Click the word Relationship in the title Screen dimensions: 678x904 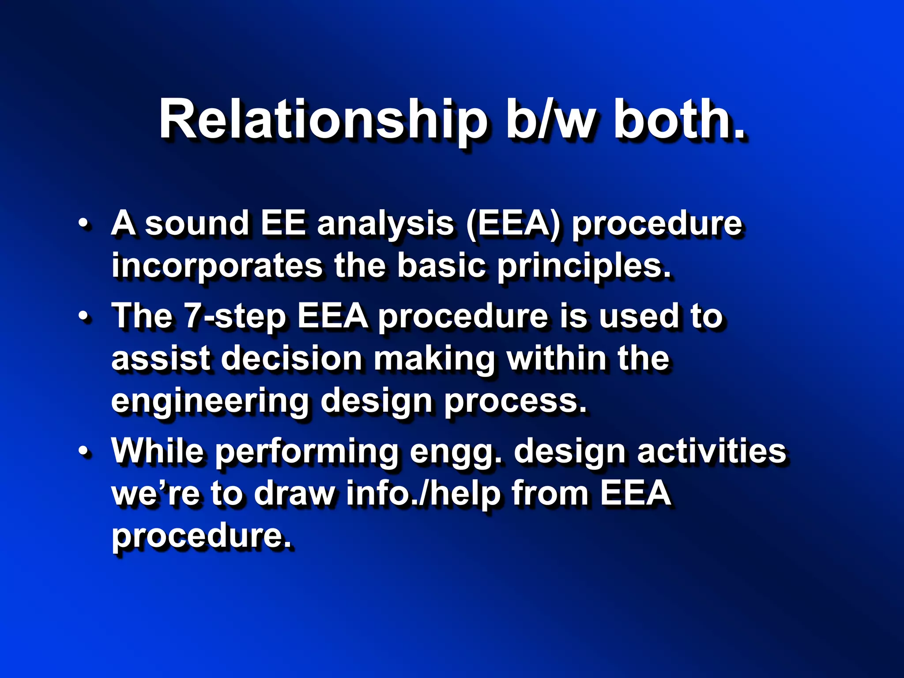point(322,120)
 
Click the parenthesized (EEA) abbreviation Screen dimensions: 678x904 point(513,224)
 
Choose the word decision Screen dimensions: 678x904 point(292,358)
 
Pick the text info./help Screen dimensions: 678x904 point(423,493)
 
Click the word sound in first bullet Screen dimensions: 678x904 point(197,224)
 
